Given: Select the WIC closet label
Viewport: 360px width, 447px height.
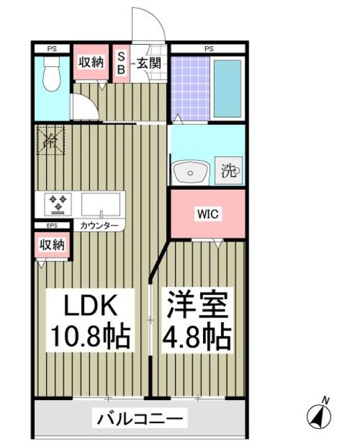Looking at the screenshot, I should (x=209, y=214).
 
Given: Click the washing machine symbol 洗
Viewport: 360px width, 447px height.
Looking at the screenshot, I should (x=230, y=170).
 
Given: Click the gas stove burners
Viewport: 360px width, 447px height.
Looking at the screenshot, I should (x=57, y=204).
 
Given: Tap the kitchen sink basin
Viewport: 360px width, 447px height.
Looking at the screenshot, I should (x=102, y=204).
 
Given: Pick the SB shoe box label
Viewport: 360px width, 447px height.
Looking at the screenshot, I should (x=121, y=63).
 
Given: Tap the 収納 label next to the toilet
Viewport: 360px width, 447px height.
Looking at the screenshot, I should (x=91, y=62).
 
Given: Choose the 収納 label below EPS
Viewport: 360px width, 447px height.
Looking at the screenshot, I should (x=52, y=245).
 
